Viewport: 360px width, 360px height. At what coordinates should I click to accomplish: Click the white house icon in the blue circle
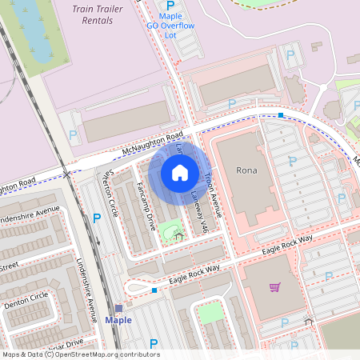pyautogui.click(x=179, y=172)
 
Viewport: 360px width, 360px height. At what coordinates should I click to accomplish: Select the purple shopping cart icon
pyautogui.click(x=274, y=287)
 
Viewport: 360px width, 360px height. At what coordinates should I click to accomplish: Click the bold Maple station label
pyautogui.click(x=118, y=320)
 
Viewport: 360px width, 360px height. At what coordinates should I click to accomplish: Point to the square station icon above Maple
pyautogui.click(x=118, y=308)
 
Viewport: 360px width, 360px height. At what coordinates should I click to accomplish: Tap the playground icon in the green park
pyautogui.click(x=178, y=235)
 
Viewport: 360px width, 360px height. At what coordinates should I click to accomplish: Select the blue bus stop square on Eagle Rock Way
pyautogui.click(x=154, y=290)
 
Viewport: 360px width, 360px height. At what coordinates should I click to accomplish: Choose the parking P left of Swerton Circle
pyautogui.click(x=97, y=218)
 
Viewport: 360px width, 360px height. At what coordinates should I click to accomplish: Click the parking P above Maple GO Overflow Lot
pyautogui.click(x=170, y=5)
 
